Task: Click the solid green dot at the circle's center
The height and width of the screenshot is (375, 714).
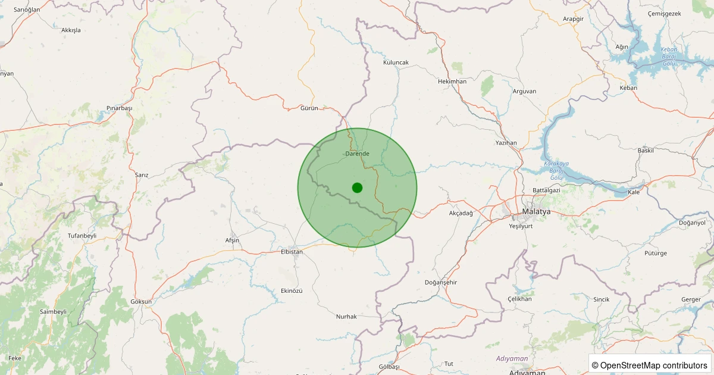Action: click(357, 187)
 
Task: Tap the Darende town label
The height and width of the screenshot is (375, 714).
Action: click(357, 154)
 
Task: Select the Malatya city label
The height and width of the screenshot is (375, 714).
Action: click(536, 212)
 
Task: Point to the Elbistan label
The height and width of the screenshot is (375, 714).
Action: click(292, 252)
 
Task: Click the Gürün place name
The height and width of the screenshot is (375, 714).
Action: click(309, 108)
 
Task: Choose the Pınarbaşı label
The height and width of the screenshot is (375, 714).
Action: click(119, 108)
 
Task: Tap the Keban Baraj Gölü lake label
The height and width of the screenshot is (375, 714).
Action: click(669, 56)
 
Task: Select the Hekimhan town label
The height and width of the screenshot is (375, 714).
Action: click(452, 82)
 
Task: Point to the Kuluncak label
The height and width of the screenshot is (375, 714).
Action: click(396, 62)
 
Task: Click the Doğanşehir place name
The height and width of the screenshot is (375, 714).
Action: click(441, 282)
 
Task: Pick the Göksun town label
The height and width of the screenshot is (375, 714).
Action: click(141, 302)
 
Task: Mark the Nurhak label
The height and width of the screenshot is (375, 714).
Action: click(346, 317)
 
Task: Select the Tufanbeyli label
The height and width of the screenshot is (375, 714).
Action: click(82, 236)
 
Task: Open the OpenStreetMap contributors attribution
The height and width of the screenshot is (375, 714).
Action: click(649, 365)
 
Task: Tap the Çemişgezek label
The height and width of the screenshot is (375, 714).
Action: click(664, 13)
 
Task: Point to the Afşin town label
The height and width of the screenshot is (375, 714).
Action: click(232, 240)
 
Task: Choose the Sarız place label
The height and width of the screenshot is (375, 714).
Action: click(142, 175)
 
